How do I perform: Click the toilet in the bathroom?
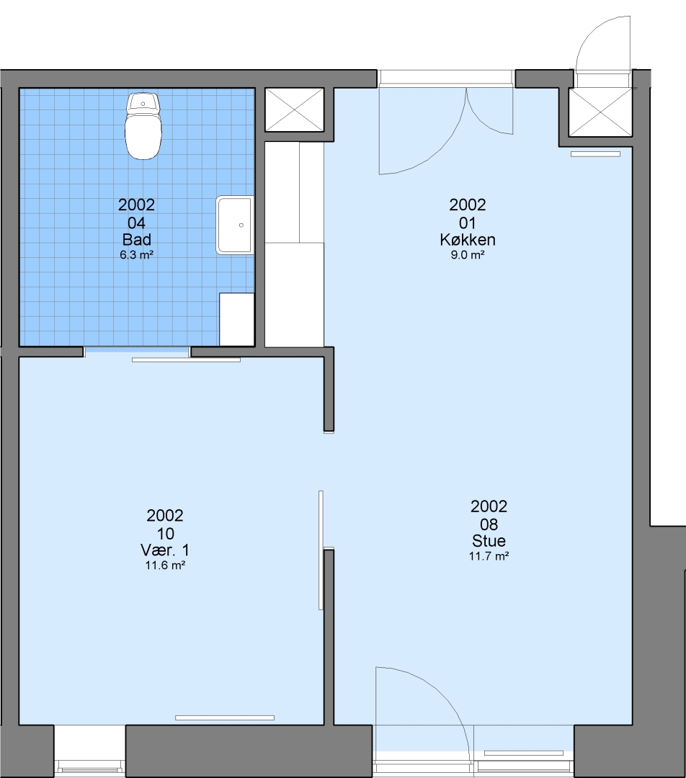coord(143,126)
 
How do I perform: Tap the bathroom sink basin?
coord(235,225)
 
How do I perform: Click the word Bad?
coord(136,240)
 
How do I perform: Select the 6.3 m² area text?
coord(136,256)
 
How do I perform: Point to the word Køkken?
coord(468,240)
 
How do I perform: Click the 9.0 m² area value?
coord(468,256)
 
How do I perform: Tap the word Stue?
coord(489,540)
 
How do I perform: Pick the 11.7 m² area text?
coord(489,557)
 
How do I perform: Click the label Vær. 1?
coord(165,550)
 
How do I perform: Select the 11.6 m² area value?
coord(165,565)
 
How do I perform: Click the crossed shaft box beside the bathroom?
coord(294,109)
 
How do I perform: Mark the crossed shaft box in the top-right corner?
coord(600,112)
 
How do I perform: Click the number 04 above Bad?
coord(136,223)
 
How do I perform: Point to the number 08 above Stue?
coord(489,524)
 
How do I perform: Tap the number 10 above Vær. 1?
coord(165,533)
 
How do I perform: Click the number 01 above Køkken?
coord(468,223)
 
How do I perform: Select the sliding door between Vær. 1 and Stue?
coord(321,550)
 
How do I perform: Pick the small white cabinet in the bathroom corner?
coord(237,320)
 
